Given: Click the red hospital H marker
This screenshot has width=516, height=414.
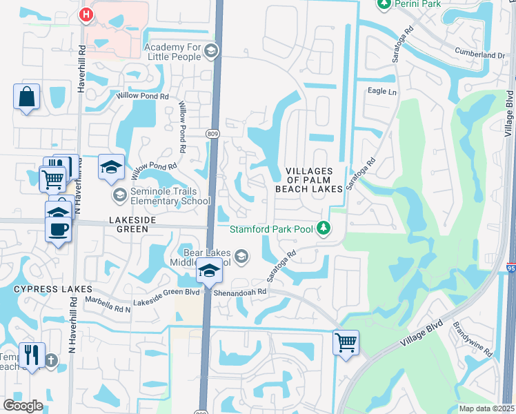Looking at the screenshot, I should (x=86, y=14).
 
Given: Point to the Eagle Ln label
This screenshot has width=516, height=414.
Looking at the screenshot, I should (x=382, y=91).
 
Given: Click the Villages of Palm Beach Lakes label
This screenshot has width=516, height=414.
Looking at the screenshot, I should (x=308, y=180).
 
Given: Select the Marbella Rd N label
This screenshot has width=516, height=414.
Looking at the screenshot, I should (x=108, y=305).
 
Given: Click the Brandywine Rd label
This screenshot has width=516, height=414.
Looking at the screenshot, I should (x=473, y=339).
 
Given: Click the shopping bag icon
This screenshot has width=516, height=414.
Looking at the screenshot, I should (x=26, y=97).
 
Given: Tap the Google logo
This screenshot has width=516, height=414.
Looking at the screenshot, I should (x=23, y=406).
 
